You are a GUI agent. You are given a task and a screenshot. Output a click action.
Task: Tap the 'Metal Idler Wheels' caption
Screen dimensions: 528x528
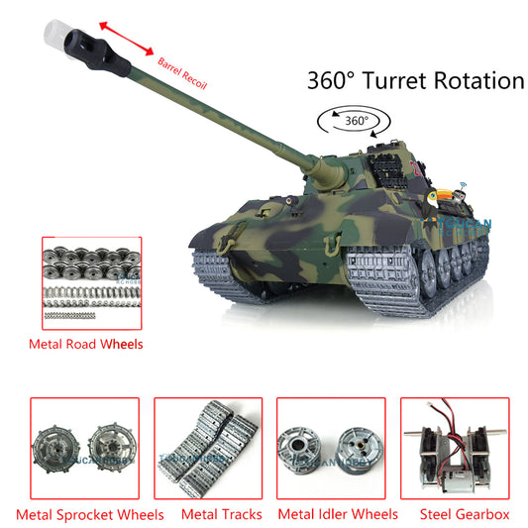(338, 514)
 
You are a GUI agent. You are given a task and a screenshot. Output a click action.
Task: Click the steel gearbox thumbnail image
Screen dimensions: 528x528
(455, 448)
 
